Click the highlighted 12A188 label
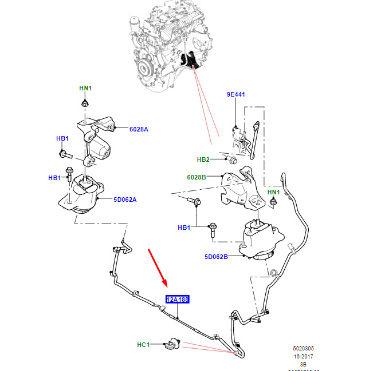[x=177, y=299]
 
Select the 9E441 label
[x=235, y=94]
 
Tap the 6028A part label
[x=139, y=129]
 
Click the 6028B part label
[x=196, y=177]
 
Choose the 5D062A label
[x=124, y=200]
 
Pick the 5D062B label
[x=216, y=257]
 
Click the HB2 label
[x=203, y=159]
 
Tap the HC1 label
[x=143, y=345]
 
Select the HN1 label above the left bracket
[x=85, y=88]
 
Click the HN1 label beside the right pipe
[x=274, y=192]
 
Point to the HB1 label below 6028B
[x=184, y=228]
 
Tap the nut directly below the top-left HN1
[x=85, y=103]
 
